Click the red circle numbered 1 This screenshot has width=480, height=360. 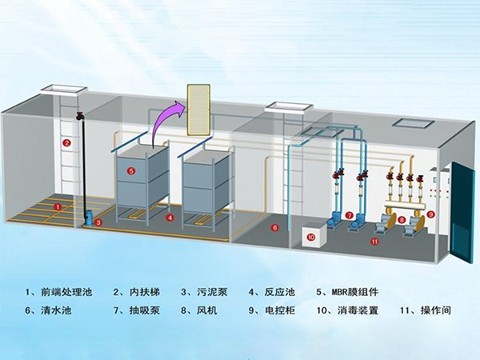pos(57,206)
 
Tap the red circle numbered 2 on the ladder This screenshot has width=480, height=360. pos(67,142)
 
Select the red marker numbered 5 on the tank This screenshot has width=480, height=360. pos(131,170)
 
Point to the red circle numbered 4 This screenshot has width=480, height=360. pos(170,217)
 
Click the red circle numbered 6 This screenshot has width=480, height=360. pos(274,228)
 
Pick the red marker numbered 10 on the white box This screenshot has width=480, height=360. pos(312,237)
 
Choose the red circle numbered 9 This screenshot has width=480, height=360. pos(430,214)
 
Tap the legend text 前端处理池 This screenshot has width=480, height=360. pos(65,291)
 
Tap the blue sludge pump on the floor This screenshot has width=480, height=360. pos(89,218)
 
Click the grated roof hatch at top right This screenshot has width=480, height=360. pos(414,123)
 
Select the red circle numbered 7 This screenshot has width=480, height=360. pos(349,214)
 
